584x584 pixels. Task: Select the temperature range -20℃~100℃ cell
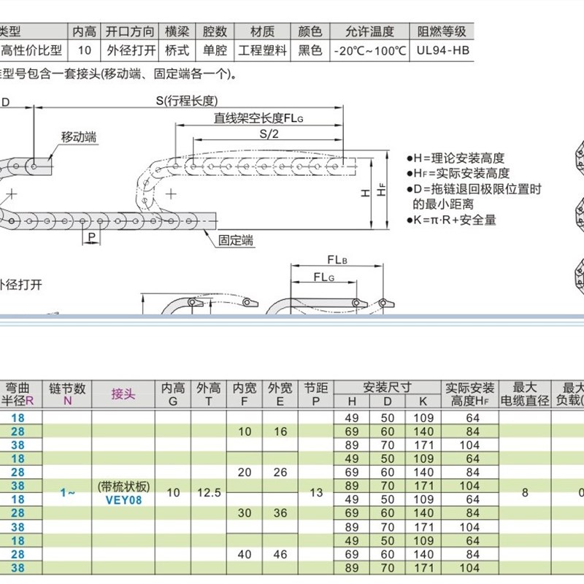pos(369,51)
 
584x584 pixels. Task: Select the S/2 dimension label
pos(269,134)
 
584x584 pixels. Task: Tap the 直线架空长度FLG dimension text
pos(257,118)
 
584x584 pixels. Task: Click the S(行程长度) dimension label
pos(187,101)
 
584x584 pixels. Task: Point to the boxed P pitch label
pos(91,238)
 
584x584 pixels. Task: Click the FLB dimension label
pos(337,260)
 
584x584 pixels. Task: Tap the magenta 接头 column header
pos(123,394)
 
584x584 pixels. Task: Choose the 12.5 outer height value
pos(209,493)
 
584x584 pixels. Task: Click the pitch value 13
pos(316,493)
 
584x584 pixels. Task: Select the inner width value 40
pos(244,555)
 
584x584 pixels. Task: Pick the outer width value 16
pos(280,431)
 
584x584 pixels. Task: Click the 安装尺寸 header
pos(387,387)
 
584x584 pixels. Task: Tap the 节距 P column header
pos(316,394)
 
